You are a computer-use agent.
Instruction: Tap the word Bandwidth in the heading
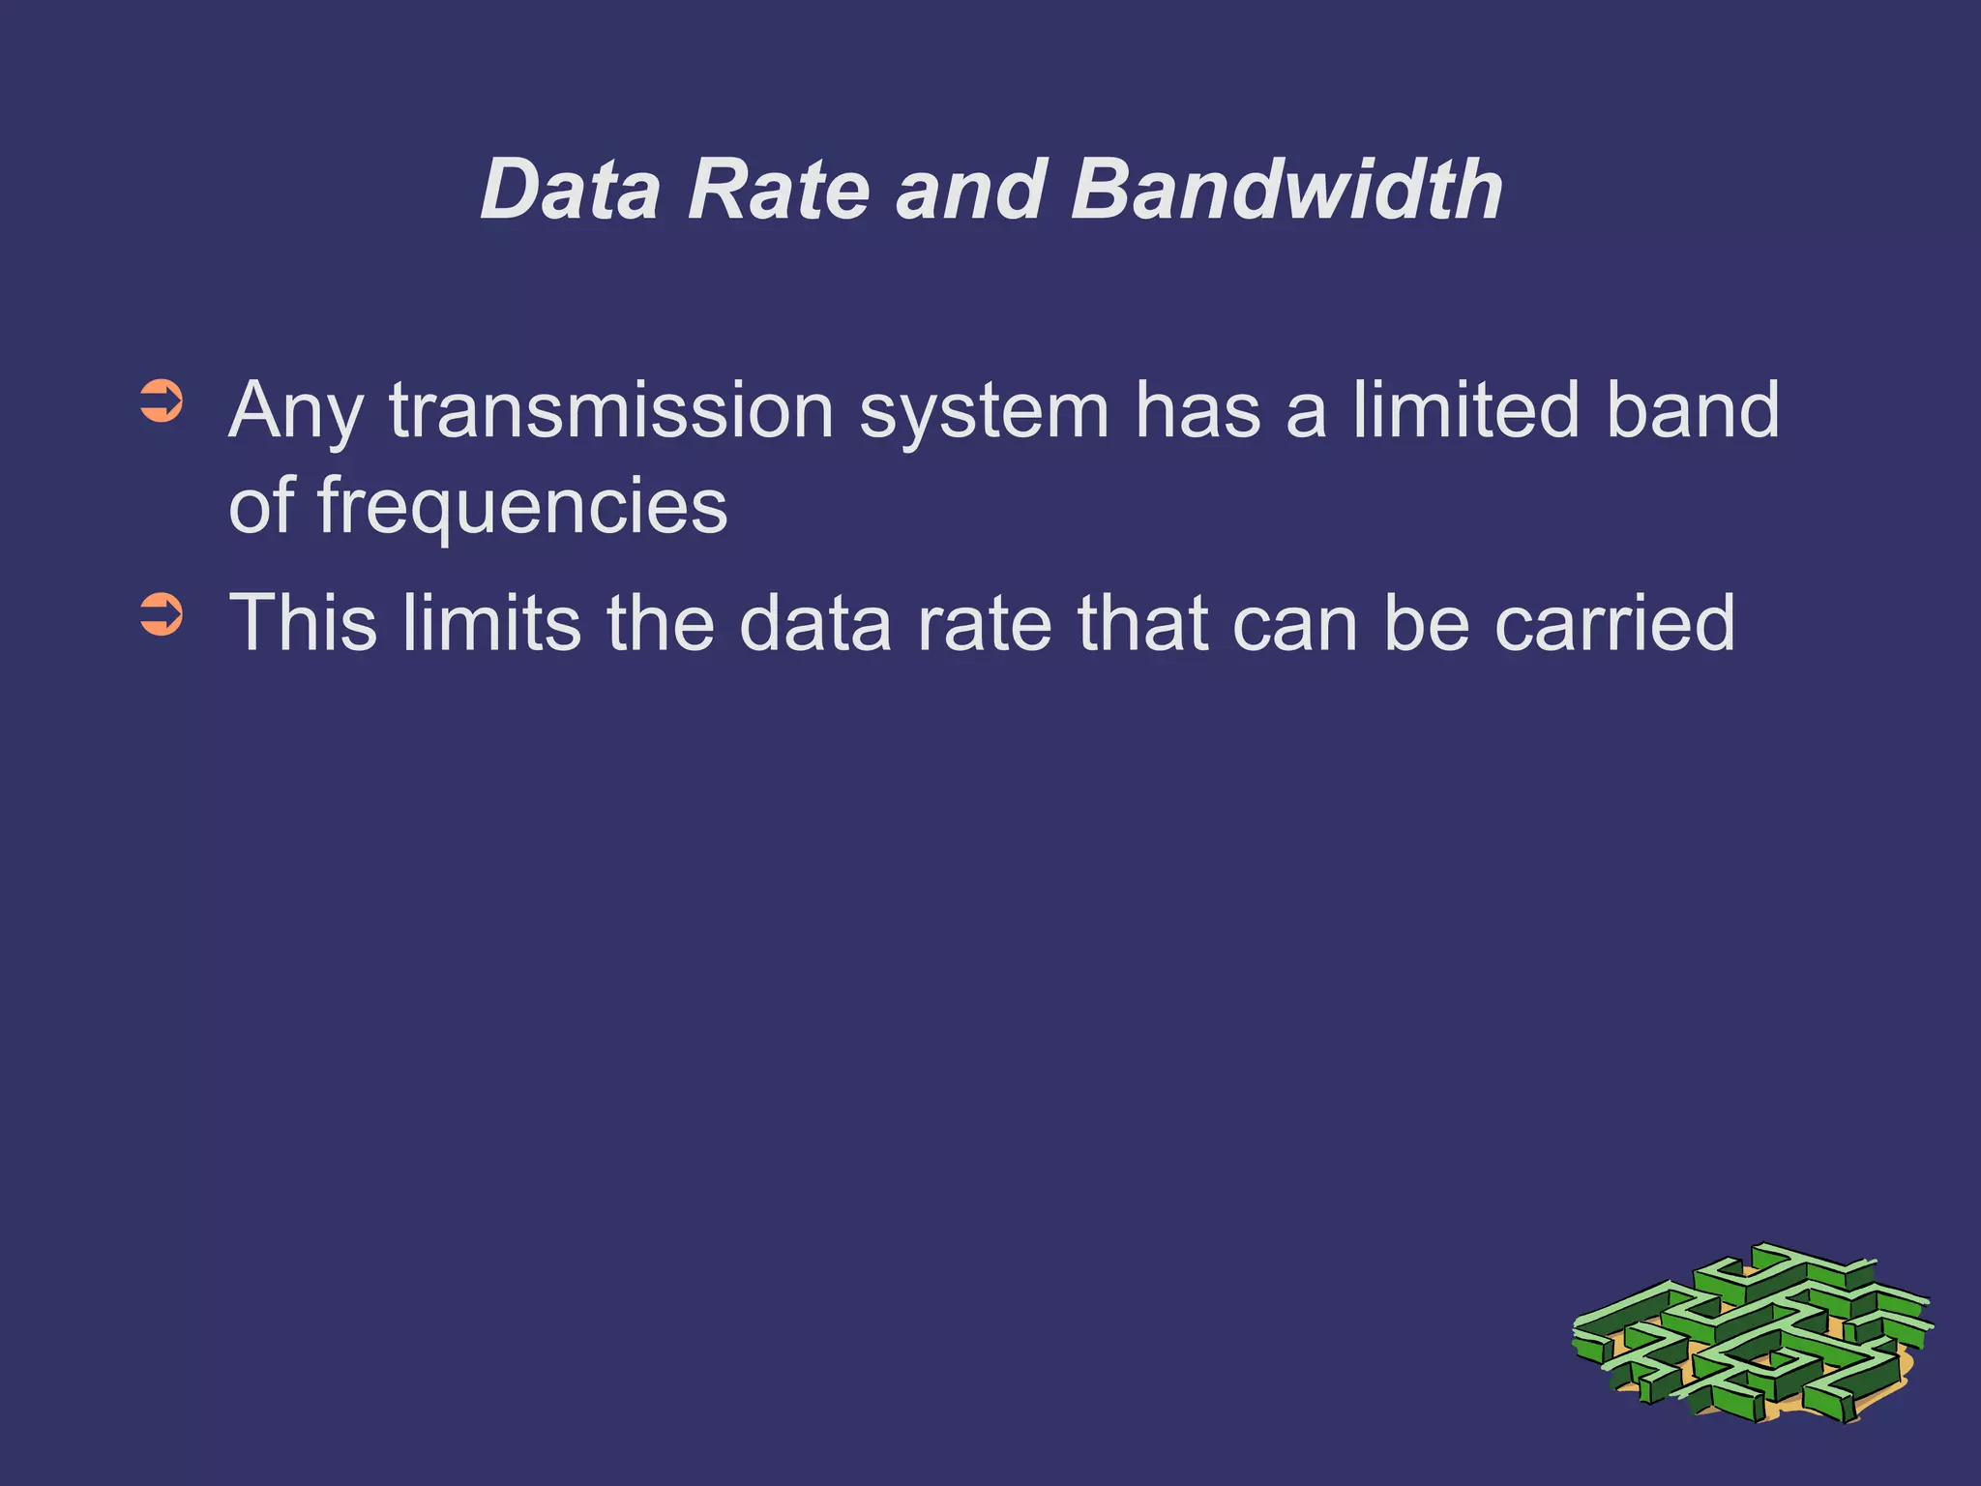click(1286, 190)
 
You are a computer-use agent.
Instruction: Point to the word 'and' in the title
click(970, 190)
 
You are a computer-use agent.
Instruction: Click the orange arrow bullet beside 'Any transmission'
click(161, 402)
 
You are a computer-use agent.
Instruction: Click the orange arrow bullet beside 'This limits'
click(161, 615)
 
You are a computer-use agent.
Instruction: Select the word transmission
click(611, 411)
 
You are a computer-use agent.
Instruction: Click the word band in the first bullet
click(1693, 410)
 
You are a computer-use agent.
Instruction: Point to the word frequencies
click(522, 508)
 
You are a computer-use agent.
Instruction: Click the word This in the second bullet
click(303, 623)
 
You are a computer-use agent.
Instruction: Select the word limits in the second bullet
click(492, 623)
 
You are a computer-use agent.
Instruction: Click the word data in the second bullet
click(814, 623)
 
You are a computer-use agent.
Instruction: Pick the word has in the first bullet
click(1197, 410)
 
